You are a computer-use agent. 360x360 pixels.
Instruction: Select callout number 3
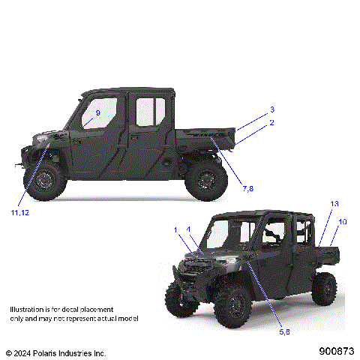pyautogui.click(x=272, y=109)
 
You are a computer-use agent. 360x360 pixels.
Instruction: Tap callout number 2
pyautogui.click(x=271, y=122)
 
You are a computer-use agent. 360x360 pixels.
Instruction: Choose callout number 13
pyautogui.click(x=334, y=203)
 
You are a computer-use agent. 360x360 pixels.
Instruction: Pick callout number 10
pyautogui.click(x=343, y=222)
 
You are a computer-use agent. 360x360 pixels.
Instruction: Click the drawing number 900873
pyautogui.click(x=337, y=350)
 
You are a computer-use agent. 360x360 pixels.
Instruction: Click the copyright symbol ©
pyautogui.click(x=8, y=352)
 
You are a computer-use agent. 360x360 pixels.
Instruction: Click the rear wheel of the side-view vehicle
pyautogui.click(x=205, y=179)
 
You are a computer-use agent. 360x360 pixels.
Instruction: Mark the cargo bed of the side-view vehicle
pyautogui.click(x=202, y=139)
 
